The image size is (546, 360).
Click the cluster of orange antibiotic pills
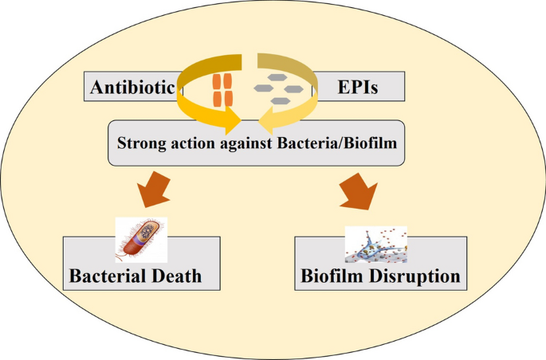pos(222,90)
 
